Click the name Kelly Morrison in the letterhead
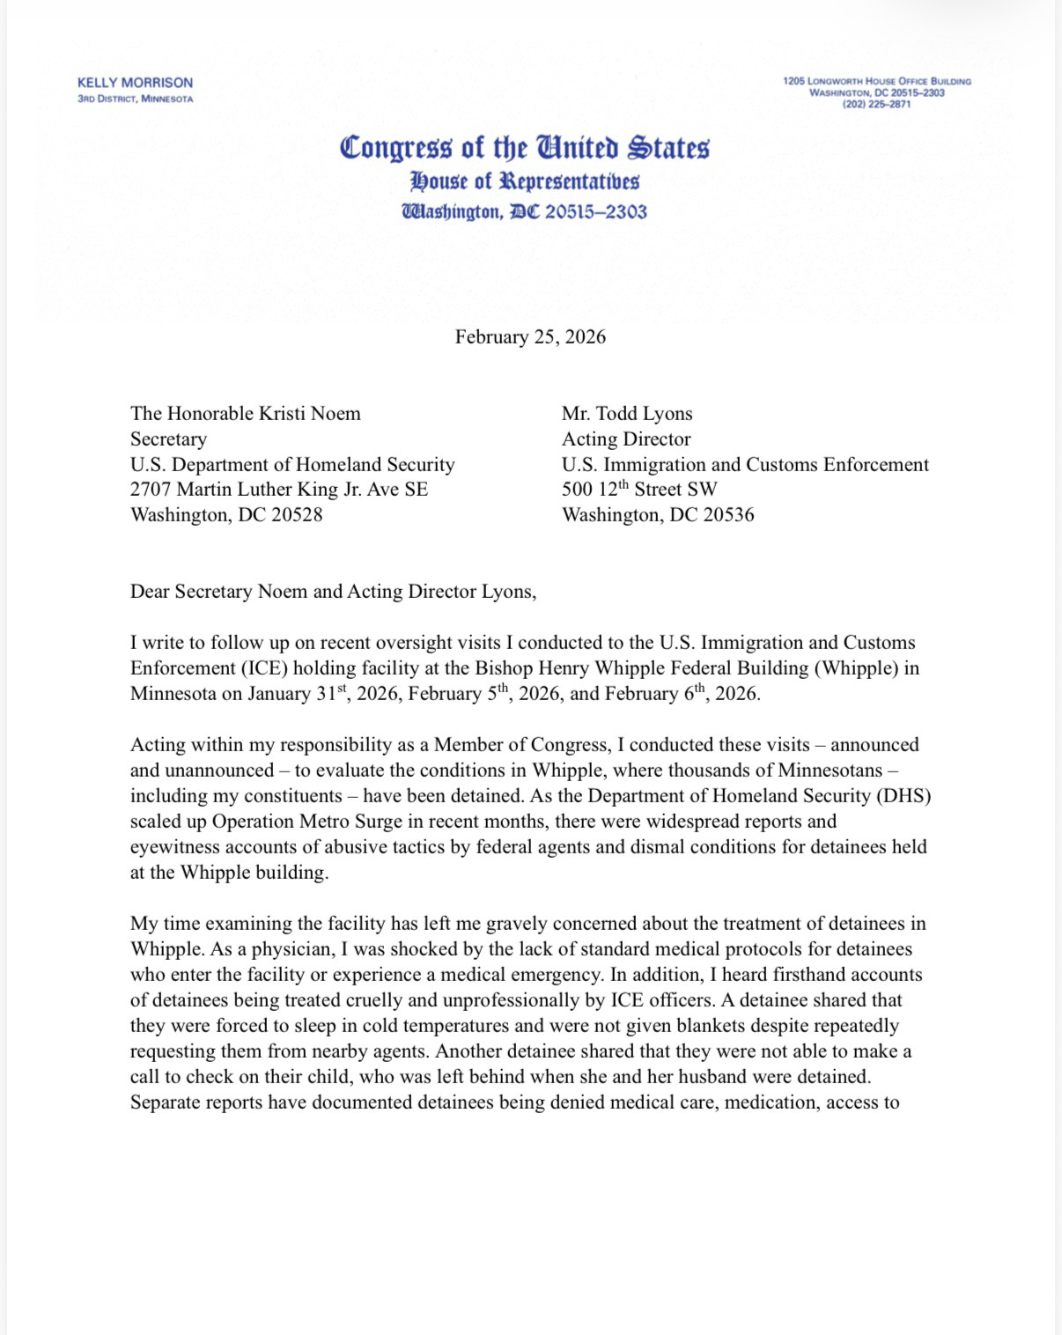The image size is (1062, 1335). point(135,83)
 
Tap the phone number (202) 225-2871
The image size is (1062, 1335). point(876,104)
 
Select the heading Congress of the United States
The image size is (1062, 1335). point(524,147)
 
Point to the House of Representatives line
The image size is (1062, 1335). point(524,181)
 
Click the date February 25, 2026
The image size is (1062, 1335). point(530,337)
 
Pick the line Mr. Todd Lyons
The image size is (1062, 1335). point(627,414)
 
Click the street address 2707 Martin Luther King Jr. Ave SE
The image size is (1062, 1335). point(279,490)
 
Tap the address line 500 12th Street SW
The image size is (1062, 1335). point(639,490)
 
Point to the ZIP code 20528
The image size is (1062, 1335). point(297,515)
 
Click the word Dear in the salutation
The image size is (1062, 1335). point(151,592)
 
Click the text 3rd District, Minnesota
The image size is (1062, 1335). point(135,99)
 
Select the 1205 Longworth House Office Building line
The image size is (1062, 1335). point(876,81)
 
